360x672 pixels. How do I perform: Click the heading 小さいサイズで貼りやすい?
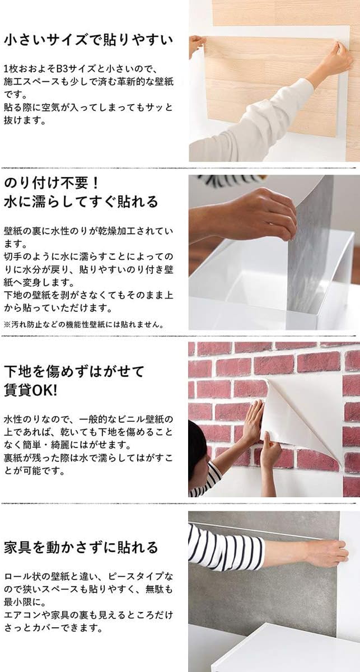[88, 40]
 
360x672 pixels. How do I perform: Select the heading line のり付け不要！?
[52, 183]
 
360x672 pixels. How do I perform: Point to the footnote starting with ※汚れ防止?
[83, 325]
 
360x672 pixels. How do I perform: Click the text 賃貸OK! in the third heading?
[30, 391]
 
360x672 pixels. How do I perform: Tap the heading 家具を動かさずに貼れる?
[81, 547]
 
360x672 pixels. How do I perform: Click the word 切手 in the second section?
[13, 257]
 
